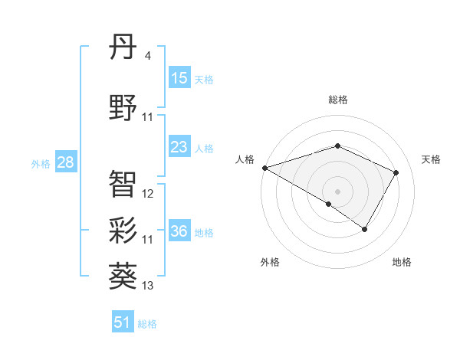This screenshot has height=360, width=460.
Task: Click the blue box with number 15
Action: point(179,78)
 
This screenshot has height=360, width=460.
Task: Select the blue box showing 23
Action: point(179,147)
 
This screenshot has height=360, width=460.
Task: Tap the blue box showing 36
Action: point(179,231)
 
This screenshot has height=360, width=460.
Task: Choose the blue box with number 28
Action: point(65,162)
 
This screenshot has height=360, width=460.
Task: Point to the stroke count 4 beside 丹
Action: point(147,56)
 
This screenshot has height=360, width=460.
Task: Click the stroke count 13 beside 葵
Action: point(148,286)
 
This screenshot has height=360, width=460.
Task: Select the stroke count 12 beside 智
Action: point(148,194)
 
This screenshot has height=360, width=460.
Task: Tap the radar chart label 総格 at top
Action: point(337,100)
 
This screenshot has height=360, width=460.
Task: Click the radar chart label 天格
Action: point(431,159)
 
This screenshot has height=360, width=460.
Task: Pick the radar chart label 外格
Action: point(270,263)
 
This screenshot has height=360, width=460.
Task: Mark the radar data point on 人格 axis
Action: point(264,168)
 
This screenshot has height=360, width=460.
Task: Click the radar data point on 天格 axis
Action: point(396,172)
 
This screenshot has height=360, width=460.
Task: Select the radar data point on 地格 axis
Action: point(365,229)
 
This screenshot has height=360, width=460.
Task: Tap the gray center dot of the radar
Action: point(337,191)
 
